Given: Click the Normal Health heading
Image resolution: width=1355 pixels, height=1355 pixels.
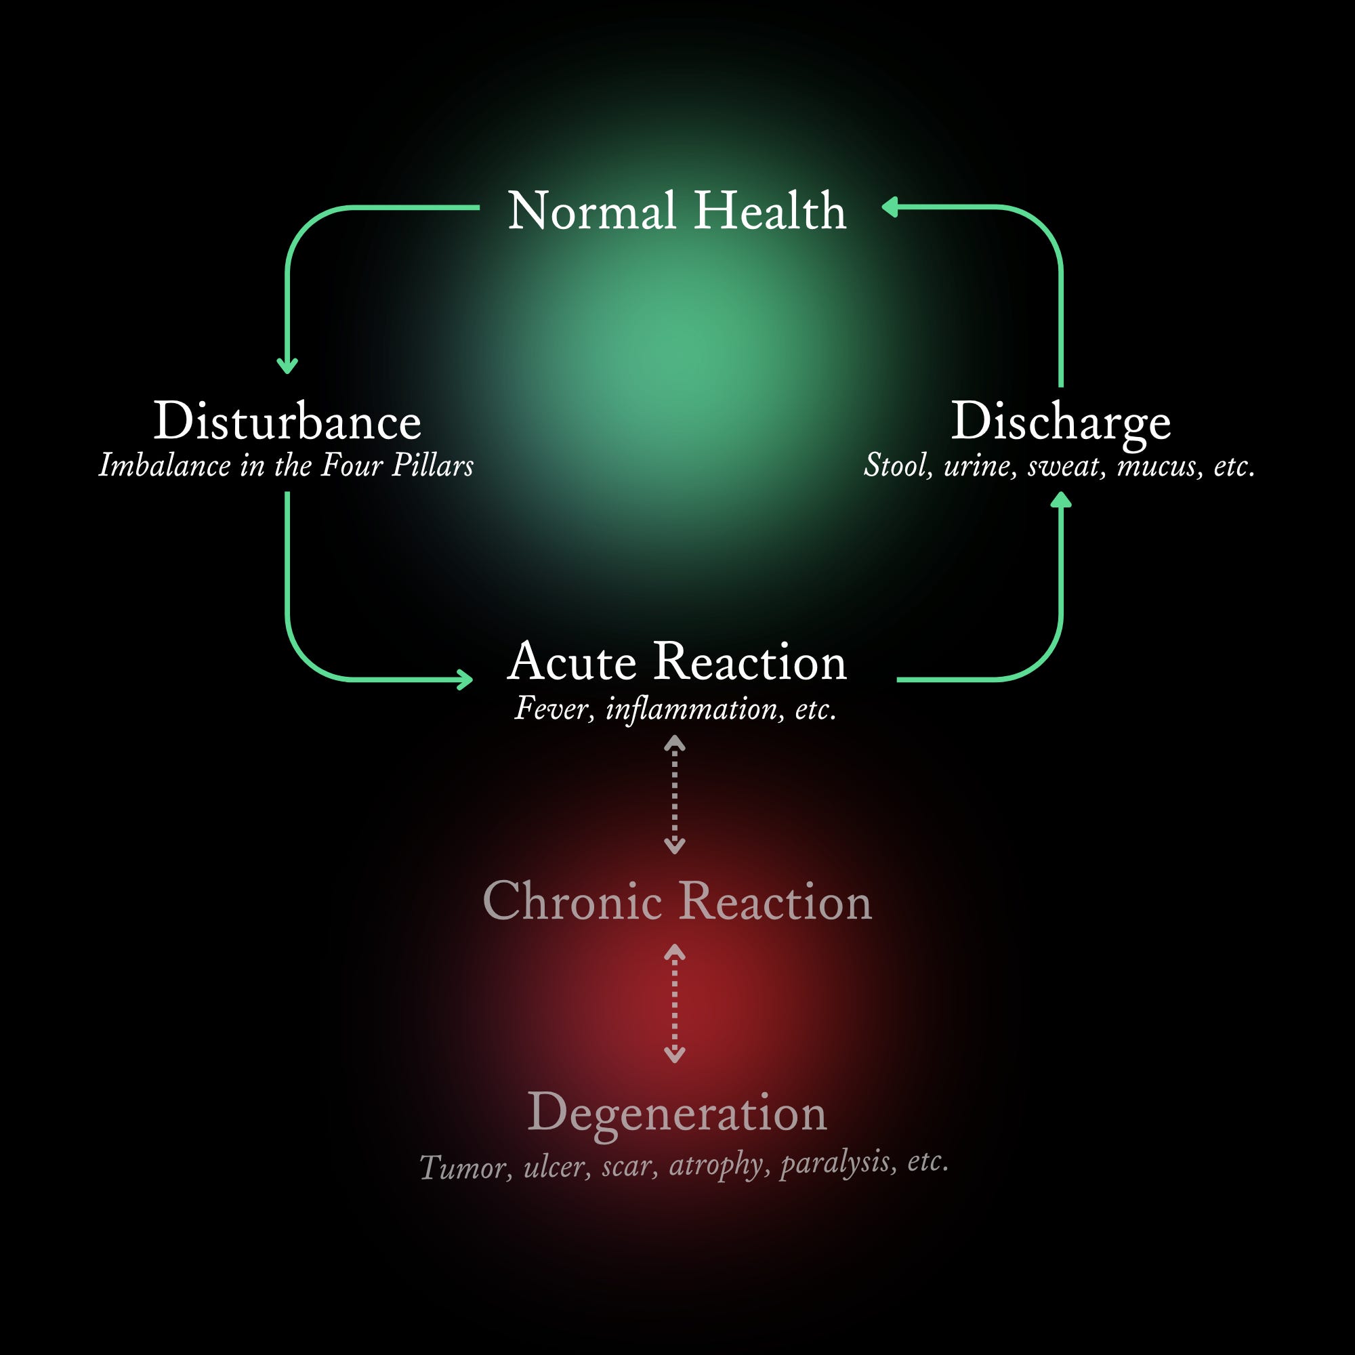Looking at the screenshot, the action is pos(677,211).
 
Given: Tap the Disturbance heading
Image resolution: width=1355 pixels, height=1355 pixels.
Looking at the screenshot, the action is pos(287,421).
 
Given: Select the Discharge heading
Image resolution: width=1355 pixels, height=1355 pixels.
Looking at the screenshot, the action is pos(1060,423).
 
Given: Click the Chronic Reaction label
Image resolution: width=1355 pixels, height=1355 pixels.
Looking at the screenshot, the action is pos(677,901).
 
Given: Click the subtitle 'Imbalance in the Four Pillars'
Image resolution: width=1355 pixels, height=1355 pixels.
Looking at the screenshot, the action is pos(286,465).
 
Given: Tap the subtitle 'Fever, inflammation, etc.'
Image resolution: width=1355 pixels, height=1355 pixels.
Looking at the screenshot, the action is pos(675,709).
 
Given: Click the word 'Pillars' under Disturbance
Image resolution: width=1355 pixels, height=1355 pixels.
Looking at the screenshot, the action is pos(433,465).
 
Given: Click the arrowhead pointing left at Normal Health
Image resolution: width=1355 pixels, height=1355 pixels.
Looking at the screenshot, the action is pos(890,207).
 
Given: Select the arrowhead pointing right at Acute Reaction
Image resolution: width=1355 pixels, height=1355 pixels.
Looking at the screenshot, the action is pos(465,680).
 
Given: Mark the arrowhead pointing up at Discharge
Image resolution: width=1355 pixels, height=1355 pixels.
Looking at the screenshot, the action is pos(1061,499).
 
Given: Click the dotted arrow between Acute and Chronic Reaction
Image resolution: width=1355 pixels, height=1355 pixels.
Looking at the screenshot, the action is pos(675,795).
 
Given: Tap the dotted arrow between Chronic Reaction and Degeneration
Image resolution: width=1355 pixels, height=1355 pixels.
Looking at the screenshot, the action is pos(675,1003).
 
